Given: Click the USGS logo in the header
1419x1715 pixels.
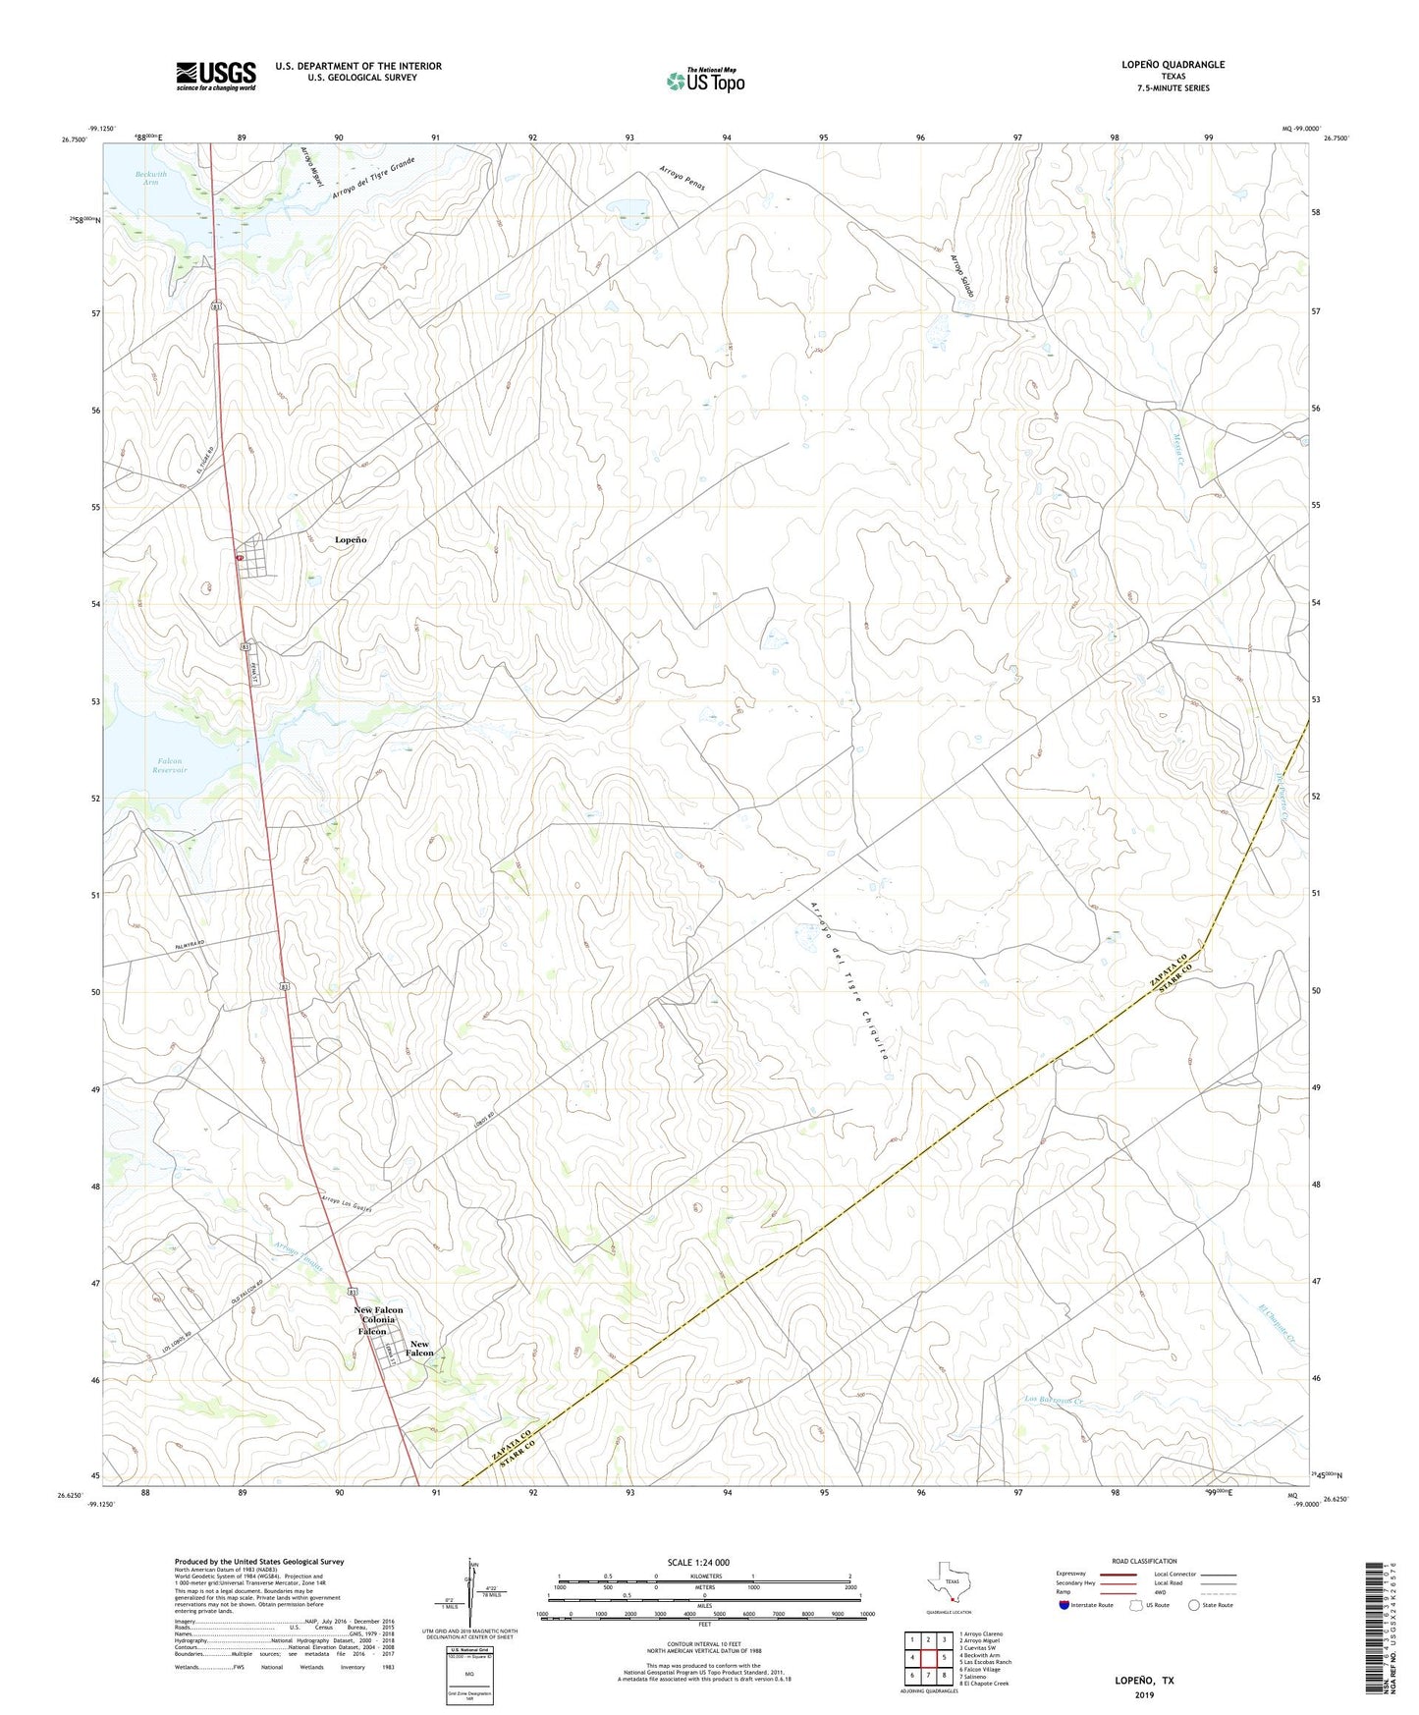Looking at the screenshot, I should click(x=216, y=76).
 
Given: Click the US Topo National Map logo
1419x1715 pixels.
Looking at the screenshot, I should click(x=705, y=81).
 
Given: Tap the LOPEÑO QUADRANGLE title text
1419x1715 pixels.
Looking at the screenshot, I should click(x=1173, y=65).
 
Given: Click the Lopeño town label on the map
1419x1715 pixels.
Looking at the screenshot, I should click(x=351, y=540).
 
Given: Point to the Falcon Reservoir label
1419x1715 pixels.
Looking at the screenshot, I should click(x=169, y=765).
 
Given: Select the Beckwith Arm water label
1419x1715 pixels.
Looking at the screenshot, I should click(x=149, y=177).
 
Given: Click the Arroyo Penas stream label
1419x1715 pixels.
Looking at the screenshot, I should click(x=682, y=178).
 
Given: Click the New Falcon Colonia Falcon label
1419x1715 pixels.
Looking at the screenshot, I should click(x=378, y=1320).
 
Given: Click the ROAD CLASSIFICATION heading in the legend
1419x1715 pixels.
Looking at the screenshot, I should click(x=1144, y=1562).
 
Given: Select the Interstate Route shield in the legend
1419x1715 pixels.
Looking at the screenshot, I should click(x=1064, y=1606).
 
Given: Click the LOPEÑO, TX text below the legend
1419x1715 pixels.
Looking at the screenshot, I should click(x=1143, y=1680).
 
